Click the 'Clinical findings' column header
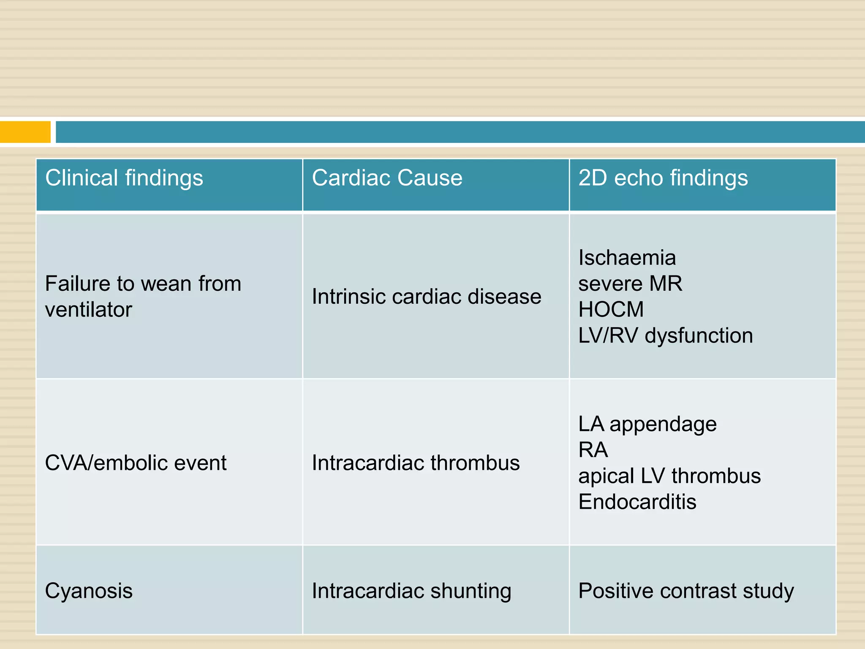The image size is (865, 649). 124,178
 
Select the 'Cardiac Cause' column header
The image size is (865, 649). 387,178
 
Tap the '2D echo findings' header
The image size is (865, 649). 663,178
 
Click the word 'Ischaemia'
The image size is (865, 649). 627,258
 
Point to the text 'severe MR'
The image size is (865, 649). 630,284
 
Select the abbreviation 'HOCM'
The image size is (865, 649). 611,309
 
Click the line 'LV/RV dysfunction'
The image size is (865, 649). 665,335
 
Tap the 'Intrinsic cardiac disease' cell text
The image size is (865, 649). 426,297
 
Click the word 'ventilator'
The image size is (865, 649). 88,310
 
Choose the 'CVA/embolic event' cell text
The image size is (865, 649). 136,463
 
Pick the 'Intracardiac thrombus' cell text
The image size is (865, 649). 416,463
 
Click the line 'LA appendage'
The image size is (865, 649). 647,424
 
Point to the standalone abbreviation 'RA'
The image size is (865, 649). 593,450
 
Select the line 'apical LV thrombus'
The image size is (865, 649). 669,476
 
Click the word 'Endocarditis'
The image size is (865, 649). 637,502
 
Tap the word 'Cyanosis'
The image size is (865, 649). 89,591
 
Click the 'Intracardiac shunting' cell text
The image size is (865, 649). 411,591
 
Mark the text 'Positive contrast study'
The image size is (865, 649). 686,591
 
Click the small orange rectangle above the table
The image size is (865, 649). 25,132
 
